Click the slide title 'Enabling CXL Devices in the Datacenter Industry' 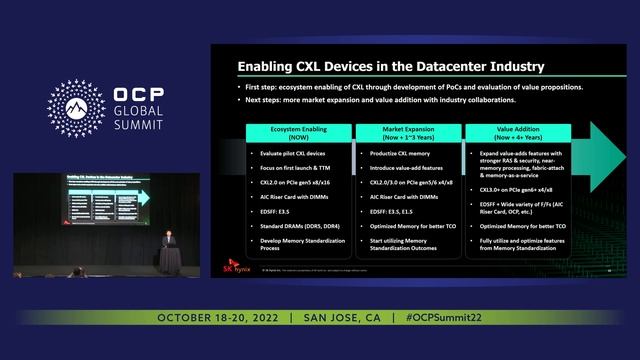(x=390, y=67)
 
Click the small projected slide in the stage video (x=105, y=201)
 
